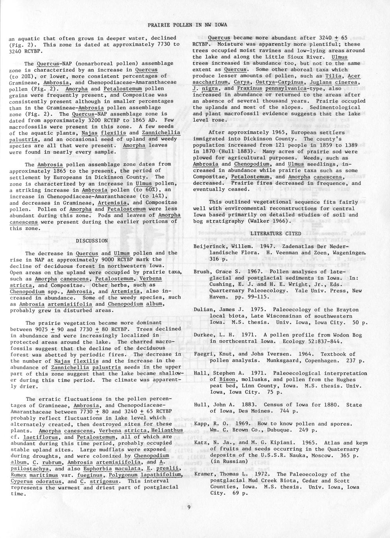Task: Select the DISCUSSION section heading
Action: (x=92, y=241)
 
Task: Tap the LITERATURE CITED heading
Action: (x=270, y=233)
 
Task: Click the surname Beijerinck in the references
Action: (x=209, y=247)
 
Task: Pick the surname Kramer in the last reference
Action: (x=203, y=474)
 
